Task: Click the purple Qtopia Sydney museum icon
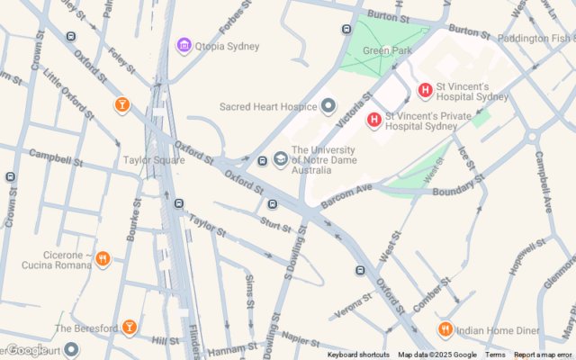[184, 46]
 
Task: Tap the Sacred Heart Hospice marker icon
[328, 107]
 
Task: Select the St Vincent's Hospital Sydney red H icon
[426, 91]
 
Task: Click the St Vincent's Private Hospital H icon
[373, 120]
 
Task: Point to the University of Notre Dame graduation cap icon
[281, 160]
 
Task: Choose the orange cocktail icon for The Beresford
[130, 328]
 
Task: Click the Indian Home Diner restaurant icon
[445, 329]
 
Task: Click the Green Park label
[389, 50]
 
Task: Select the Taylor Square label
[153, 160]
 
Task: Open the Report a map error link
[543, 355]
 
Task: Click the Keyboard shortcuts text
[358, 355]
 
